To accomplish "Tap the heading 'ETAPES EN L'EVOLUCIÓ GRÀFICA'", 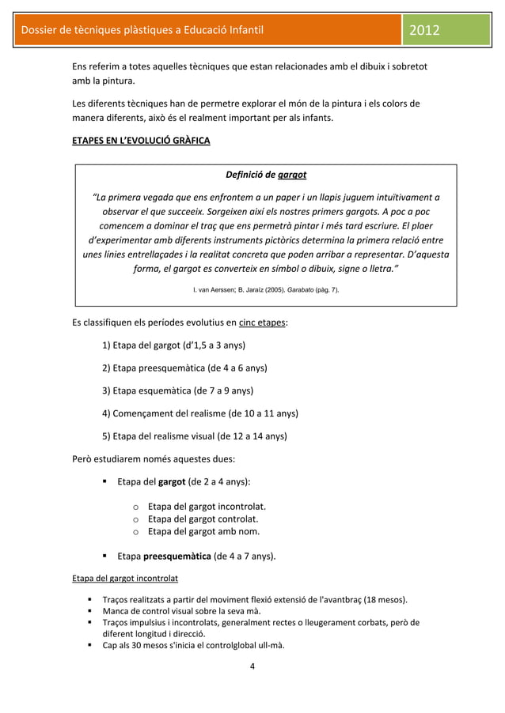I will tap(136, 141).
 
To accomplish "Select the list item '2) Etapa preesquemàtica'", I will tap(184, 368).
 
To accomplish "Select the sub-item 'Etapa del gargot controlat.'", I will tap(203, 519).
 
